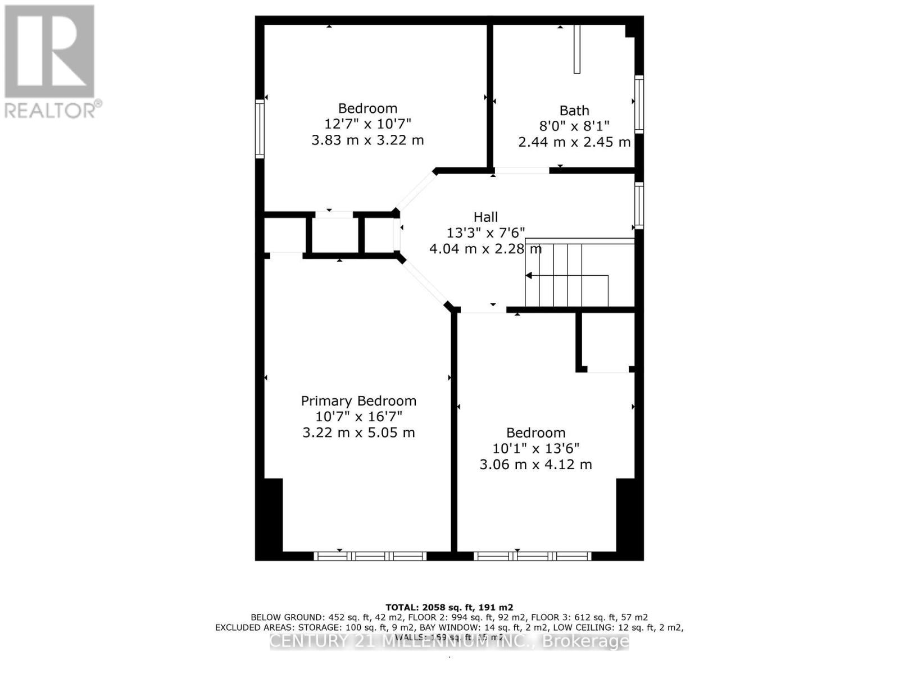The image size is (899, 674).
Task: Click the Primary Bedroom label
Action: tap(358, 401)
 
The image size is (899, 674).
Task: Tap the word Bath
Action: tap(574, 111)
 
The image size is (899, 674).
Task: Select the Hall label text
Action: tap(485, 217)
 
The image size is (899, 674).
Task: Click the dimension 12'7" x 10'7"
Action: tap(367, 124)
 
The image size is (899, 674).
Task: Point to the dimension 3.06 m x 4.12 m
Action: tap(535, 464)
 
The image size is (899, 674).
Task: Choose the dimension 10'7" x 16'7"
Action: tap(358, 417)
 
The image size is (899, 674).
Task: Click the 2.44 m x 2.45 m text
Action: tap(574, 142)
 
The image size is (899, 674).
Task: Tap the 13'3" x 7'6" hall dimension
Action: tap(485, 233)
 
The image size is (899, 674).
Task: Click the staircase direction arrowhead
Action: tap(529, 275)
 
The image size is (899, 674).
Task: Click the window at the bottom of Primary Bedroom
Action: tap(370, 556)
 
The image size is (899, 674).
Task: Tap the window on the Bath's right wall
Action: tap(639, 104)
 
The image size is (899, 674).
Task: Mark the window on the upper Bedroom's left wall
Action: tap(260, 129)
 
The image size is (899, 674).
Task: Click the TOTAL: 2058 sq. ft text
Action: tap(449, 607)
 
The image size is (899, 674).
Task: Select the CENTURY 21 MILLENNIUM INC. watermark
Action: tap(449, 641)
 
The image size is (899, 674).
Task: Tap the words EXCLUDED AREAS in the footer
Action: tap(247, 627)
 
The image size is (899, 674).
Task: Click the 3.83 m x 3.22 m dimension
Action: tap(367, 140)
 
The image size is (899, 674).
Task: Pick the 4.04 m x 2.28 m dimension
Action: tap(485, 248)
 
